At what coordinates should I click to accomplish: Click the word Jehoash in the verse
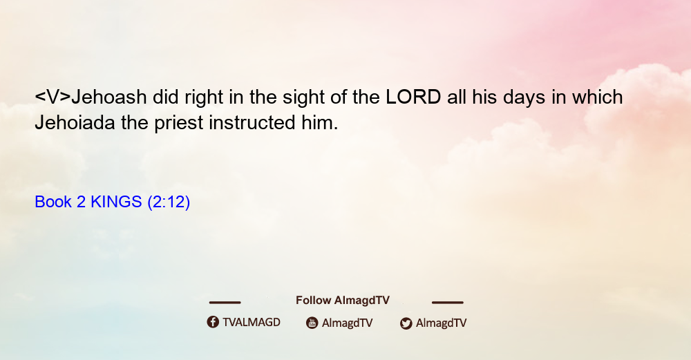(109, 97)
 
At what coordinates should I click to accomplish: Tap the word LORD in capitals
(413, 97)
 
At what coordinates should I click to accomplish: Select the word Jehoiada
(75, 122)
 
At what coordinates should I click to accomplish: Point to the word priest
(178, 124)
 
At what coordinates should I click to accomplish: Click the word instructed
(252, 122)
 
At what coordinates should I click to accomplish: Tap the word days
(524, 98)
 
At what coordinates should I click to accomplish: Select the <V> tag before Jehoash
(53, 97)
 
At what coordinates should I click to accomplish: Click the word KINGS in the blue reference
(116, 202)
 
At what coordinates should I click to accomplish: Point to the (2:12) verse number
(169, 202)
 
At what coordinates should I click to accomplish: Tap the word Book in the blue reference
(53, 202)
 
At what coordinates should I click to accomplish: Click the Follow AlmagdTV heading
(343, 300)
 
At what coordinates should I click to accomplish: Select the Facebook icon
(213, 322)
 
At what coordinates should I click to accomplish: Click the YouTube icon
(312, 323)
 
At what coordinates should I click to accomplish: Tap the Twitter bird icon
(406, 323)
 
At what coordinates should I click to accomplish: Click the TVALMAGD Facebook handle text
(252, 322)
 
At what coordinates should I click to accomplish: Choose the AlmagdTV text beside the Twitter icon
(441, 323)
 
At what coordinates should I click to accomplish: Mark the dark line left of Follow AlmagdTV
(225, 302)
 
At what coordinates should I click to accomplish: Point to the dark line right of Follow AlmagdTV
(448, 302)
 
